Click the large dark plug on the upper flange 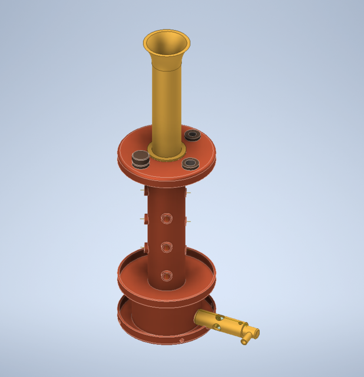click(x=141, y=158)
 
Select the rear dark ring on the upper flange click(x=193, y=135)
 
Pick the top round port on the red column click(x=167, y=219)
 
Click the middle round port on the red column click(x=167, y=247)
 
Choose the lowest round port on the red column click(x=167, y=275)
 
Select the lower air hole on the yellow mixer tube click(x=219, y=326)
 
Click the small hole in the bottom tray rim click(x=181, y=340)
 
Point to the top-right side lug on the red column click(x=188, y=191)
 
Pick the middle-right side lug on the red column click(x=188, y=220)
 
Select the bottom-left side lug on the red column click(x=145, y=246)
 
